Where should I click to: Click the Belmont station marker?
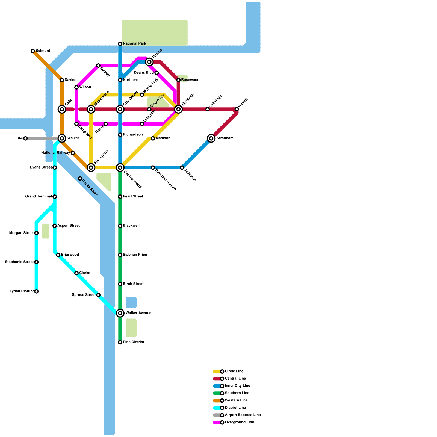point(33,51)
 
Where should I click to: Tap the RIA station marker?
point(25,138)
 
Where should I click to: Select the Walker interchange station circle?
point(62,138)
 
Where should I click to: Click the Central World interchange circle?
point(120,167)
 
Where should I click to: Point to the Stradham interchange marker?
point(211,138)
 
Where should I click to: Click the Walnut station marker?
point(237,109)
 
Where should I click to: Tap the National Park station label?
point(134,43)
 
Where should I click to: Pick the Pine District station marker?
point(120,342)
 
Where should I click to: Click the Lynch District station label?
point(22,291)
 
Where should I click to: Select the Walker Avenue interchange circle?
point(120,313)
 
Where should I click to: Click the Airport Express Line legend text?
point(243,415)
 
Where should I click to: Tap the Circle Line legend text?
point(234,371)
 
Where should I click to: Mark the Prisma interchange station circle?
point(149,62)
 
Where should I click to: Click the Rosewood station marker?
point(178,80)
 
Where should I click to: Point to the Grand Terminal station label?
point(39,196)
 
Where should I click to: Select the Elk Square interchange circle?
point(91,167)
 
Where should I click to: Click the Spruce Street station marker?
point(98,295)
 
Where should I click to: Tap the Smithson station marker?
point(182,167)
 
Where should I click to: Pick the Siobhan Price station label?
point(135,255)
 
